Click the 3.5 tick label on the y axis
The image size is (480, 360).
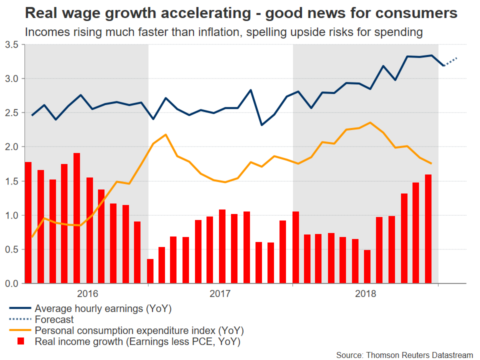[x=11, y=45]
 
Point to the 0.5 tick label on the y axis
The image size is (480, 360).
[x=11, y=250]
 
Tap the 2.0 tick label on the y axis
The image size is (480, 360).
[x=11, y=147]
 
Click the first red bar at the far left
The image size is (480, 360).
[x=28, y=223]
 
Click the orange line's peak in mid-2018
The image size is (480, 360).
[x=369, y=122]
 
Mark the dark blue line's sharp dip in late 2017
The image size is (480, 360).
[x=262, y=124]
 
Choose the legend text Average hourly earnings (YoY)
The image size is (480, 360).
[x=103, y=309]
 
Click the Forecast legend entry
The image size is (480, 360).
[x=54, y=319]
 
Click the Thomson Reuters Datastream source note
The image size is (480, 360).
[x=404, y=355]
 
